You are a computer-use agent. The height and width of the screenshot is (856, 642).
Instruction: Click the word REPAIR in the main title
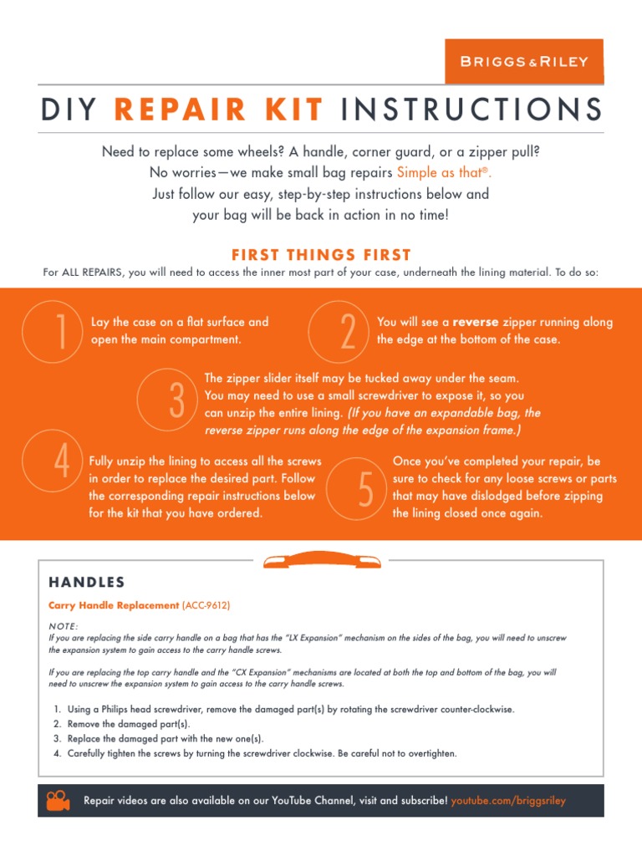click(x=166, y=109)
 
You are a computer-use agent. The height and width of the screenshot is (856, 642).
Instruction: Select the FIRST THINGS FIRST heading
click(x=321, y=255)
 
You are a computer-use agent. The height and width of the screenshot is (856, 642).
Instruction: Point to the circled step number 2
click(x=348, y=332)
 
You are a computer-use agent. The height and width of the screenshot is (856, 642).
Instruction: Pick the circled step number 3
click(x=176, y=401)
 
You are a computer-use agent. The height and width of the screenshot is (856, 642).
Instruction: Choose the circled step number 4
click(x=61, y=462)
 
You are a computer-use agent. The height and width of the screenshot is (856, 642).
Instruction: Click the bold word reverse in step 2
click(x=476, y=322)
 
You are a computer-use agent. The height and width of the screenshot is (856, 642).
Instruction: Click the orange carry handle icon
click(x=321, y=561)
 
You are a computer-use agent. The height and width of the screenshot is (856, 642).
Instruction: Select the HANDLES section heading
click(x=87, y=582)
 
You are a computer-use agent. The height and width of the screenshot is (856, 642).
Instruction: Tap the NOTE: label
click(x=64, y=625)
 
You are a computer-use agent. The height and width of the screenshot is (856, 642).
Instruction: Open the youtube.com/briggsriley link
click(x=508, y=801)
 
